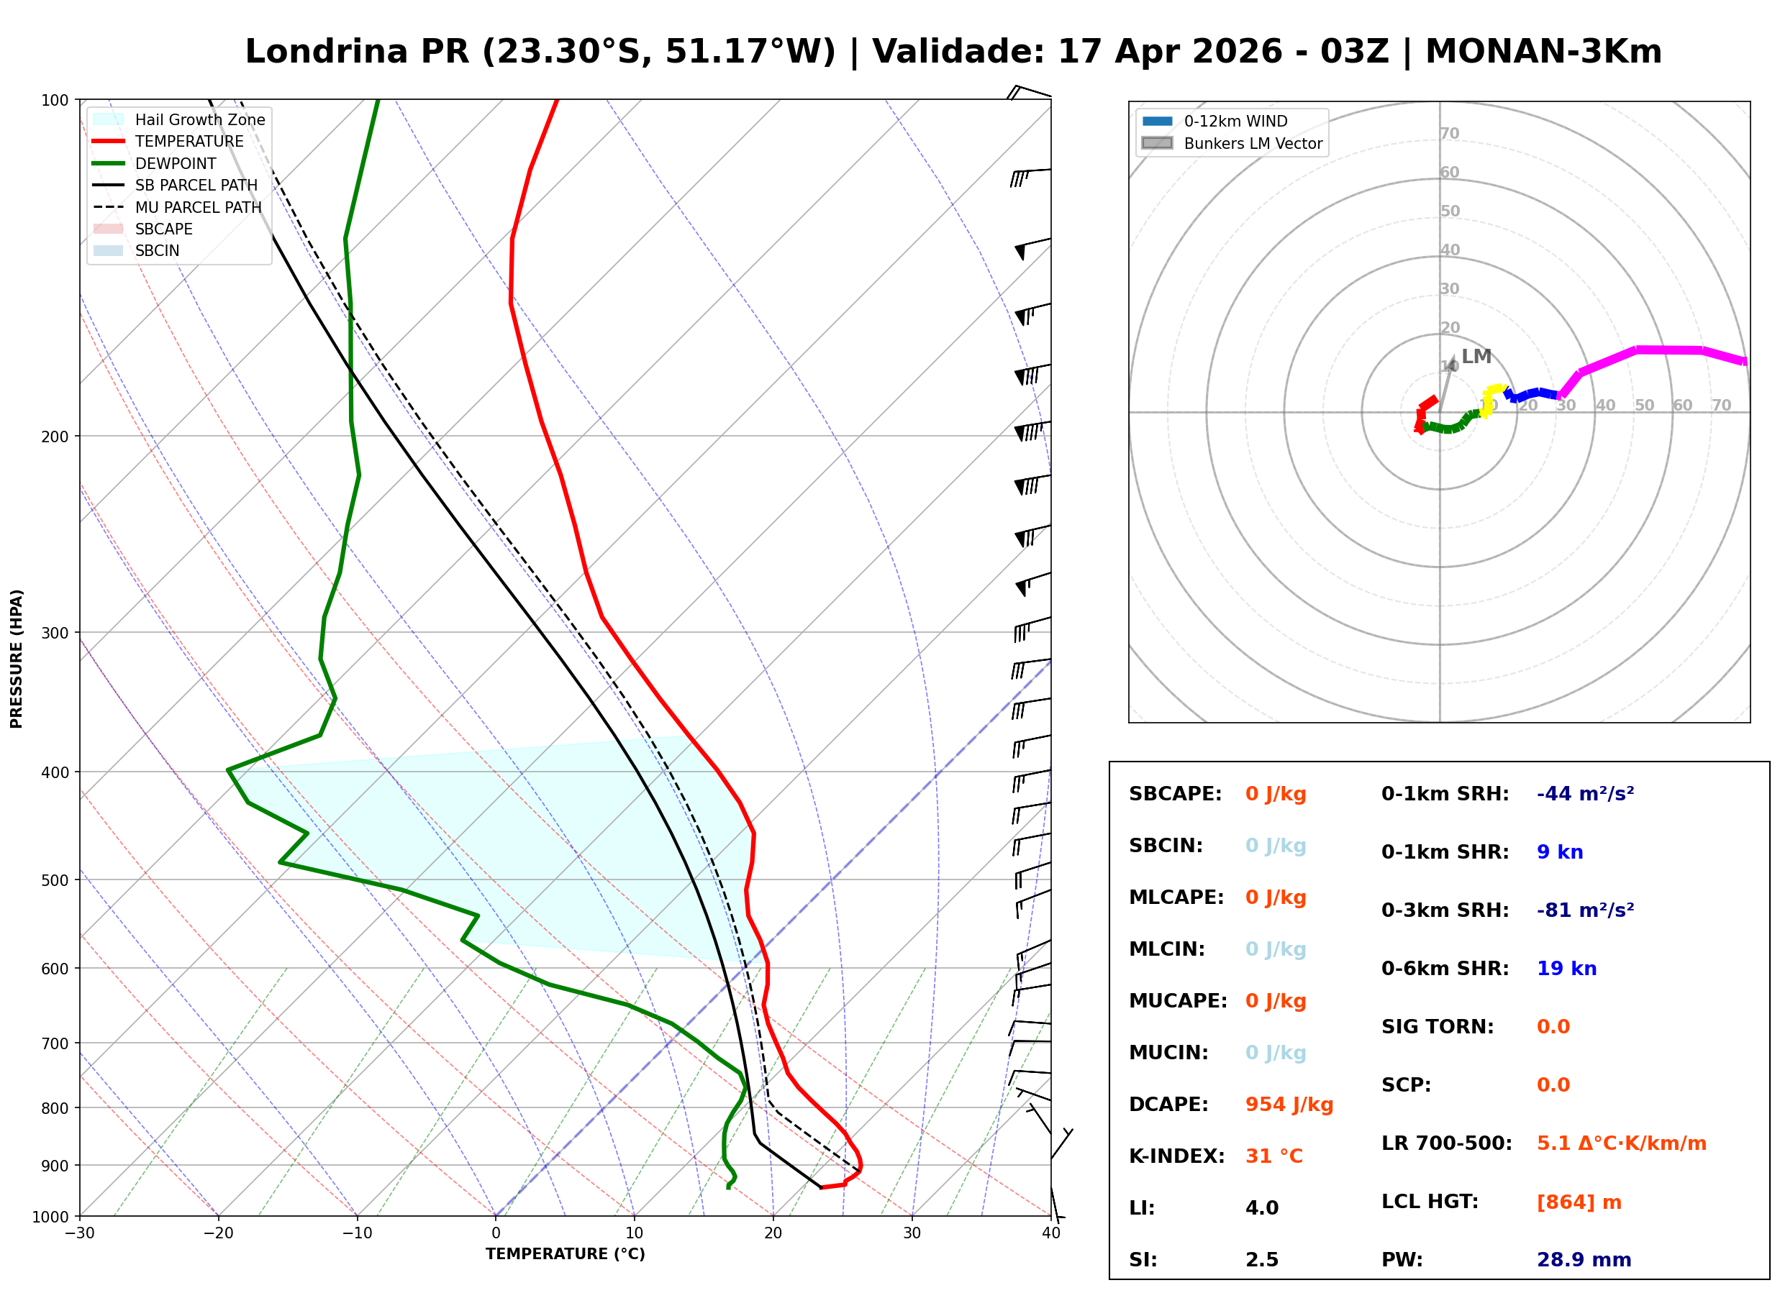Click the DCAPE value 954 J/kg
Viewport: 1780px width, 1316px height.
click(1289, 1105)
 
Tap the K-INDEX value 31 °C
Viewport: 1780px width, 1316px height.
click(1273, 1156)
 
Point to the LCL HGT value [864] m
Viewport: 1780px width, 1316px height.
click(1579, 1202)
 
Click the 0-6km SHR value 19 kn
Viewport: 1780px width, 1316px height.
click(1566, 969)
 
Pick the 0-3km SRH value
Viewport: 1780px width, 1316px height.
click(1585, 910)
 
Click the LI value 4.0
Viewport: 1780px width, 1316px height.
click(1261, 1208)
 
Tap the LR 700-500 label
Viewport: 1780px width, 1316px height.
click(1446, 1144)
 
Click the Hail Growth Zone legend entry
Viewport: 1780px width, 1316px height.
click(199, 119)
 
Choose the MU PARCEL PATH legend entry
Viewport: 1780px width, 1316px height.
click(198, 207)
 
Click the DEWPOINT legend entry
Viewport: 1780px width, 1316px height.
click(176, 163)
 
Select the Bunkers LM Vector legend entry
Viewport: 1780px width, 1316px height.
click(1253, 143)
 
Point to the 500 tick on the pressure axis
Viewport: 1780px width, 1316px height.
click(55, 880)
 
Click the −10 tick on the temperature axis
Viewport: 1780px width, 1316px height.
click(356, 1233)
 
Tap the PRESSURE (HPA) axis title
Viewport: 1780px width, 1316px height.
click(17, 659)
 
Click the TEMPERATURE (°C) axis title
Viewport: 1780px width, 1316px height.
click(565, 1254)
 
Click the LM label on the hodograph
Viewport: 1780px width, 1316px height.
click(1476, 356)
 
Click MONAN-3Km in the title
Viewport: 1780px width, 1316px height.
click(1543, 52)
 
